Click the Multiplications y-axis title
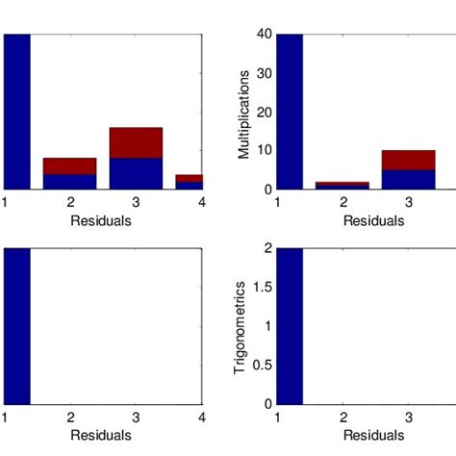coord(243,114)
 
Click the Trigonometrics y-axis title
coord(243,327)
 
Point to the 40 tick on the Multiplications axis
coord(264,35)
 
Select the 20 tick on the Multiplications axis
coord(264,113)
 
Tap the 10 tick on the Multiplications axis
coord(264,151)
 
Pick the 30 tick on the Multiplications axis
coord(264,73)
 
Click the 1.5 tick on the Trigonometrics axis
coord(260,288)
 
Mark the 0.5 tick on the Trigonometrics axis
coord(260,366)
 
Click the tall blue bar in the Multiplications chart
coord(290,112)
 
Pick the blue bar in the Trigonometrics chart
coord(290,326)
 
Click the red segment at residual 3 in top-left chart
coord(136,142)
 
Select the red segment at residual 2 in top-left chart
coord(69,165)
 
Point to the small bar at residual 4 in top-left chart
coord(190,182)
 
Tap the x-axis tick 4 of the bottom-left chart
coord(202,418)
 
